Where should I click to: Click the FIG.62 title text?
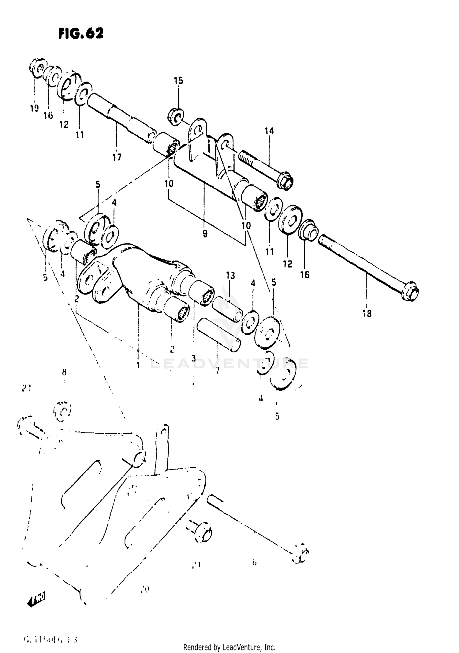tap(81, 33)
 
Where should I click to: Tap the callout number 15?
tap(178, 81)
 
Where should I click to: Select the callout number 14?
tap(269, 131)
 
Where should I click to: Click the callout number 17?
tap(117, 157)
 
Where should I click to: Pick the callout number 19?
tap(34, 108)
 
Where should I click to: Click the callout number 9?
tap(205, 234)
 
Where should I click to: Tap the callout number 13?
tap(230, 275)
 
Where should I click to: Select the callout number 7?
tap(217, 370)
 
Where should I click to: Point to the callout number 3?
tap(194, 358)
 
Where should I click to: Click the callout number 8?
tap(64, 372)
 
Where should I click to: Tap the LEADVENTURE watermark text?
tap(229, 364)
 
